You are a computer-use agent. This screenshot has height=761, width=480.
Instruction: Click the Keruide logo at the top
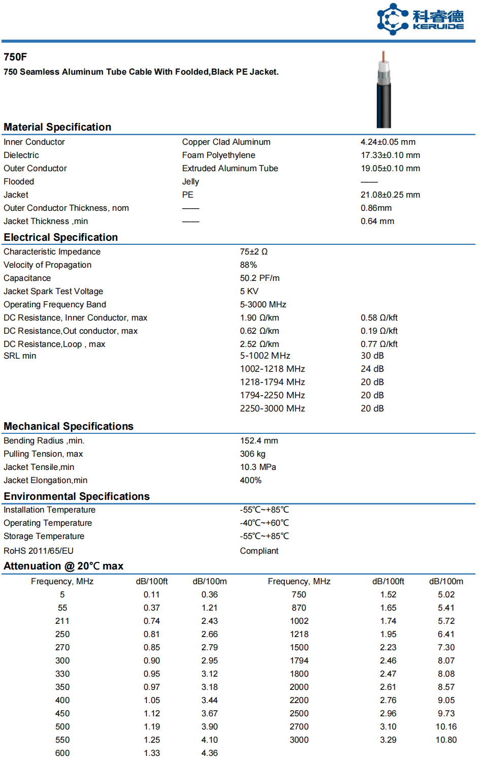pyautogui.click(x=420, y=19)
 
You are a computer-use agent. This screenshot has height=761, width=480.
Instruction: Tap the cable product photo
pyautogui.click(x=384, y=90)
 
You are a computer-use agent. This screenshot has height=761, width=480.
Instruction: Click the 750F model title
pyautogui.click(x=15, y=57)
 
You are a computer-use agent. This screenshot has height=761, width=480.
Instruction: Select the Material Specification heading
pyautogui.click(x=57, y=127)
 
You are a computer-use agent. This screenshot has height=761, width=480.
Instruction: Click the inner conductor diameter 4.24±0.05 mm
pyautogui.click(x=388, y=142)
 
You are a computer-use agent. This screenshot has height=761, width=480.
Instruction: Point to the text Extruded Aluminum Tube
pyautogui.click(x=230, y=169)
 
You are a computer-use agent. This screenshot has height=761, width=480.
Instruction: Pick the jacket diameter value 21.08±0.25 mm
pyautogui.click(x=390, y=195)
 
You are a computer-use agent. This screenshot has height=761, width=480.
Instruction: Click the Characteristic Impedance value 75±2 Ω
pyautogui.click(x=254, y=252)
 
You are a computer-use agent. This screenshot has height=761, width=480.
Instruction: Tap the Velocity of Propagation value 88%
pyautogui.click(x=249, y=265)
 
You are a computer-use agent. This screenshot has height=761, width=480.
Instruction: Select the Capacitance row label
pyautogui.click(x=27, y=278)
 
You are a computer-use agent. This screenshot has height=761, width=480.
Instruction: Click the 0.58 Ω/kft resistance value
pyautogui.click(x=379, y=318)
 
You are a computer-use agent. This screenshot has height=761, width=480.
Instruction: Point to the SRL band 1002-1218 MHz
pyautogui.click(x=272, y=369)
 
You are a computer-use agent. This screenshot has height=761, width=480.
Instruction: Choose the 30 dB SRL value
pyautogui.click(x=372, y=356)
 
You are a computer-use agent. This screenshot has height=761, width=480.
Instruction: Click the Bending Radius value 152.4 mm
pyautogui.click(x=259, y=441)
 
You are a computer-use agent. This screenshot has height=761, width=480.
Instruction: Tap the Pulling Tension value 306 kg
pyautogui.click(x=253, y=454)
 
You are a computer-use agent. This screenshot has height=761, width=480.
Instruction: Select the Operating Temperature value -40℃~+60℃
pyautogui.click(x=264, y=523)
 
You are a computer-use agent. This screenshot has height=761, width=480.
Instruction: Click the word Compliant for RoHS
pyautogui.click(x=259, y=551)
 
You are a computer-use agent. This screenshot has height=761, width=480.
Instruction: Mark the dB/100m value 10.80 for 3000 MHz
pyautogui.click(x=446, y=740)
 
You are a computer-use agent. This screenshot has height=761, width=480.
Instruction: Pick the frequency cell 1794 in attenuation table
pyautogui.click(x=299, y=661)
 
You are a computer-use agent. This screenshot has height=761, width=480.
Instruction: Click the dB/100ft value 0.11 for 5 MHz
pyautogui.click(x=152, y=595)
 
